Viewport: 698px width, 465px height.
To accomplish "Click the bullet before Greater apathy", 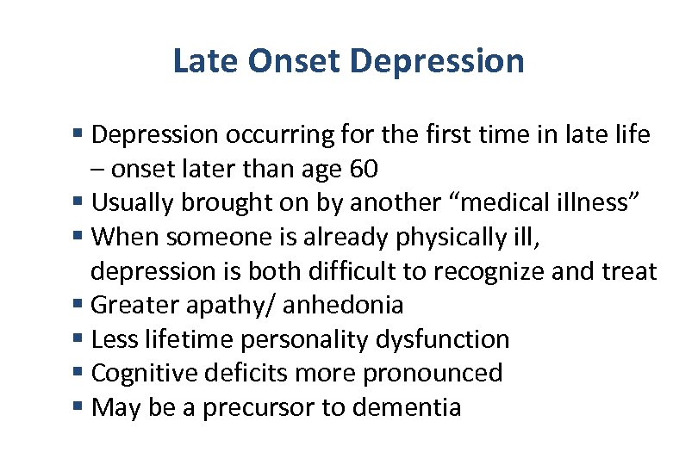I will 78,305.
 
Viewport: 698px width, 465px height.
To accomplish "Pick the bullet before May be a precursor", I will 78,407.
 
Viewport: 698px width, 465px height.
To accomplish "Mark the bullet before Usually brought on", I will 78,203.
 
